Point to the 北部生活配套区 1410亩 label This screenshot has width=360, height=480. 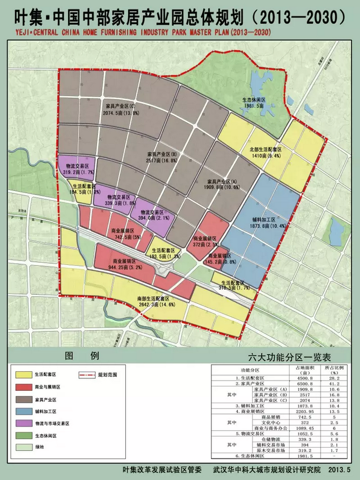point(265,152)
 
